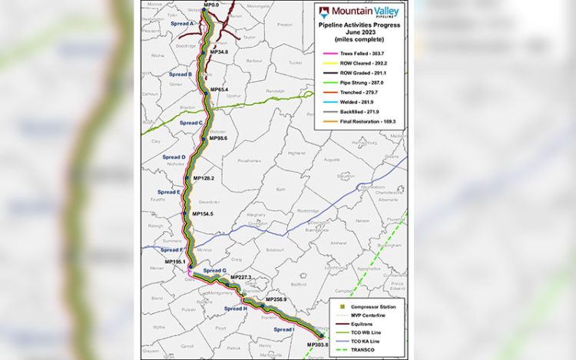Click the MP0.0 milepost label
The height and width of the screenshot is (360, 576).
(211, 5)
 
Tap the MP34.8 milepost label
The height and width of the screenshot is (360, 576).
(218, 52)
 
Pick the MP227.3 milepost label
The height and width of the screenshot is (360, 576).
(240, 278)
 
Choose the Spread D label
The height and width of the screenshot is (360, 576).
(173, 157)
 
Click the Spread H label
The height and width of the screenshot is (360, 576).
(235, 309)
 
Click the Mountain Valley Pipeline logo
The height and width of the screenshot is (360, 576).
(359, 12)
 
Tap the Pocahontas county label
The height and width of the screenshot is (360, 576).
(252, 161)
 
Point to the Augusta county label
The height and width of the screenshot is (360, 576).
(332, 160)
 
